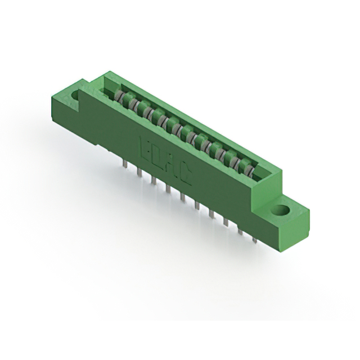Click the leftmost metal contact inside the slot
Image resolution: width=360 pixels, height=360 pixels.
pyautogui.click(x=119, y=96)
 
